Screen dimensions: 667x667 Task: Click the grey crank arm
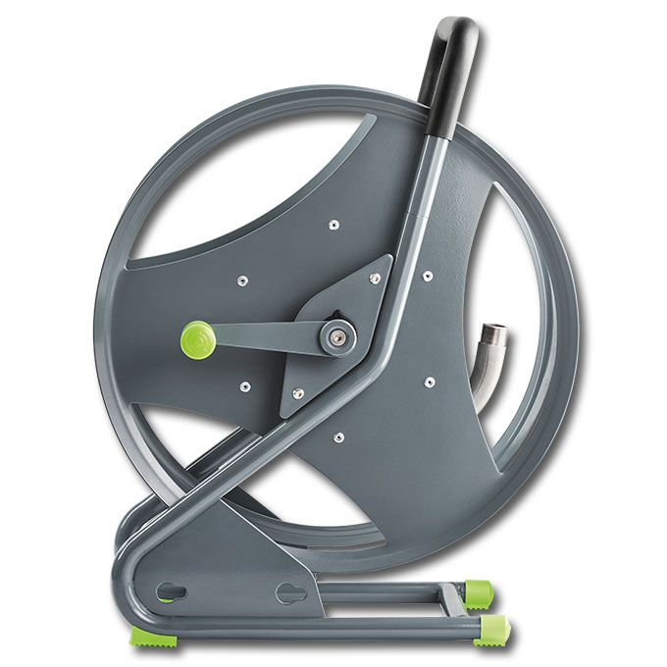point(265,339)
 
